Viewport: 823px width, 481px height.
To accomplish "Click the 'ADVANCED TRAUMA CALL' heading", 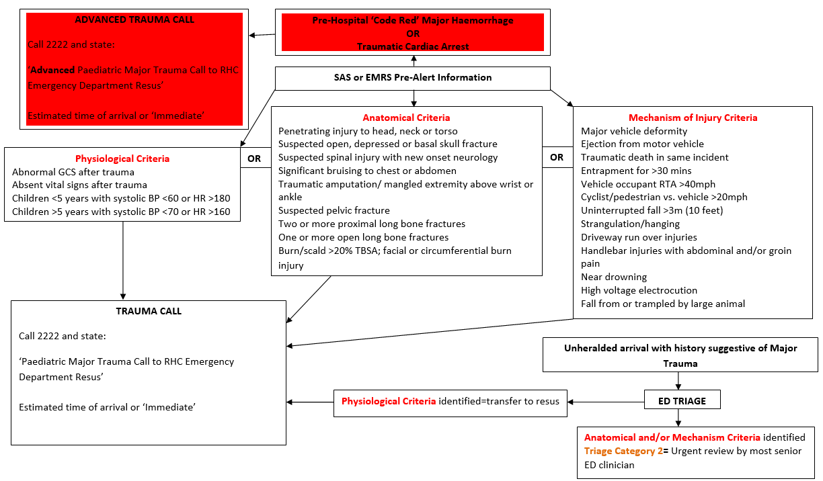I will click(134, 19).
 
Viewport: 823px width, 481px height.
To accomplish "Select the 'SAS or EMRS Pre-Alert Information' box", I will click(413, 77).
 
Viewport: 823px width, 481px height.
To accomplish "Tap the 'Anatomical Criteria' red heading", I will click(406, 118).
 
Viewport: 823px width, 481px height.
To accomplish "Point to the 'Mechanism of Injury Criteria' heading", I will click(693, 118).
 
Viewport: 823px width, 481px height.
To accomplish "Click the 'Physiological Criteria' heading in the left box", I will click(122, 159).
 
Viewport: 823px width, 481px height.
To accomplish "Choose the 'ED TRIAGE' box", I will click(682, 401).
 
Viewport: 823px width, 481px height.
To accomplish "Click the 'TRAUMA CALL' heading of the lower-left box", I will click(149, 311).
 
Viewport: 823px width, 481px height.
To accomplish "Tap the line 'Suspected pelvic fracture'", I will click(334, 210).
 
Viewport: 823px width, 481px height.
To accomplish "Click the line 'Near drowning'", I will click(614, 277).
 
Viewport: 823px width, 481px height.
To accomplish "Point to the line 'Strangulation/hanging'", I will click(630, 224).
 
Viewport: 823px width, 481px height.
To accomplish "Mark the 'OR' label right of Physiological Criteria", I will click(255, 159).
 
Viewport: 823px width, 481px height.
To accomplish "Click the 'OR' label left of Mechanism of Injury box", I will click(557, 157).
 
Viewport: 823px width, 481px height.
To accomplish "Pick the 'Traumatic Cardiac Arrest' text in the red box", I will click(412, 46).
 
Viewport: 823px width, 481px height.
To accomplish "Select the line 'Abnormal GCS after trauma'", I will click(73, 172).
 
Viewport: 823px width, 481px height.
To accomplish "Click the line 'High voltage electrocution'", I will click(639, 290).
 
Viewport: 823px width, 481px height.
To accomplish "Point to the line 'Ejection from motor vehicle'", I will click(642, 144).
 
